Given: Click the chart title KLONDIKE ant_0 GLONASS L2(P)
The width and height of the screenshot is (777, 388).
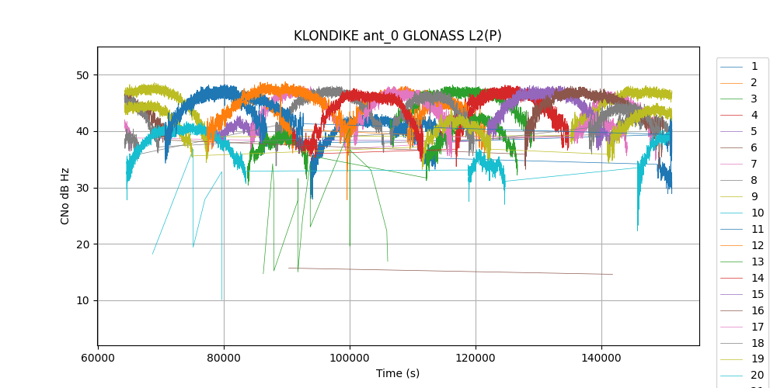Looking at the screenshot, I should tap(397, 36).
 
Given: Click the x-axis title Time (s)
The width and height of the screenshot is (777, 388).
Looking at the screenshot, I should tap(397, 373).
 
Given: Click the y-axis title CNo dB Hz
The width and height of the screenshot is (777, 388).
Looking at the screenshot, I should tap(65, 196).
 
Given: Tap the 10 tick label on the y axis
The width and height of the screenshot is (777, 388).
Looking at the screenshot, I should tap(82, 300).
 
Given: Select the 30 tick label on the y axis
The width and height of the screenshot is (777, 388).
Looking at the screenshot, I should tap(82, 188).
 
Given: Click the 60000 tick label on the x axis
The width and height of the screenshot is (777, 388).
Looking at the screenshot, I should tap(98, 359).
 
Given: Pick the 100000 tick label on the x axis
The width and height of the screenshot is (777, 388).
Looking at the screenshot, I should tap(350, 359).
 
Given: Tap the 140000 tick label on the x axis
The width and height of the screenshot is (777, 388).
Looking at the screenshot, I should tap(601, 359).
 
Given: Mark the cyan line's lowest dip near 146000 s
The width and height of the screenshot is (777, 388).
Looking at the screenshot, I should tap(638, 230).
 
